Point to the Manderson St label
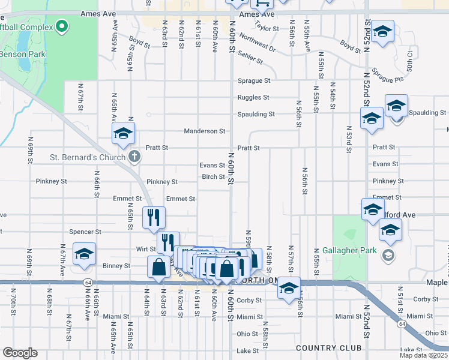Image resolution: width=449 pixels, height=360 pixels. click(204, 131)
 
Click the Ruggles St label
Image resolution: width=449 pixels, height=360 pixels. click(253, 97)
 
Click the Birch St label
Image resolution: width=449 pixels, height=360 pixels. click(212, 177)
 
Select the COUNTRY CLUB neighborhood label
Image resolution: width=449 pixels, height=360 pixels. click(328, 348)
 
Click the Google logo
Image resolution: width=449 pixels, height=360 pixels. click(20, 353)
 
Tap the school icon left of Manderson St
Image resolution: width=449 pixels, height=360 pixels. click(123, 133)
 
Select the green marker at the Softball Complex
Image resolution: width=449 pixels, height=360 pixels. click(61, 26)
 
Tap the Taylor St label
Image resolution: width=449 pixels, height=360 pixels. click(267, 27)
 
